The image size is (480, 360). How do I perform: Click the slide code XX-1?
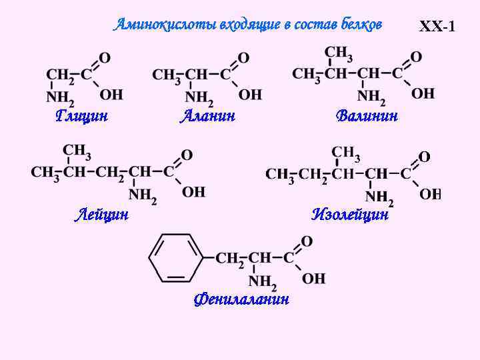click(437, 27)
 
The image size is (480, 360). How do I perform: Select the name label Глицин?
click(82, 116)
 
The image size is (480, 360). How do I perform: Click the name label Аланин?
click(208, 116)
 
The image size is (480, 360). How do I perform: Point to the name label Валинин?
click(367, 116)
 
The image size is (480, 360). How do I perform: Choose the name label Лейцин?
click(101, 215)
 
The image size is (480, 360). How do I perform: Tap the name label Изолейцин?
click(350, 215)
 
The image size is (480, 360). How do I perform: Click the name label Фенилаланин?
click(241, 299)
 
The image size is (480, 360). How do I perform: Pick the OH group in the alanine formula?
click(250, 95)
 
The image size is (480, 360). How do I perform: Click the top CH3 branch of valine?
click(339, 53)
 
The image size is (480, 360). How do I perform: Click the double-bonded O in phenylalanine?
click(307, 241)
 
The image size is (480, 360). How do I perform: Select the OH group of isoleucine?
click(430, 194)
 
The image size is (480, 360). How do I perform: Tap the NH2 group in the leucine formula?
click(142, 195)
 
